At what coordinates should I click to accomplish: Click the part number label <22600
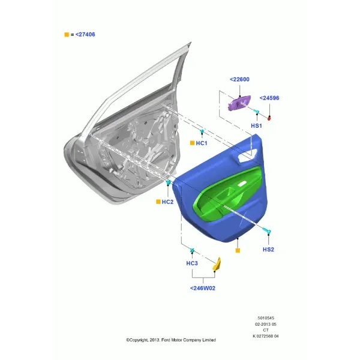(x=239, y=79)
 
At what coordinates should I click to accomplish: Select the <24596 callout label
(x=269, y=98)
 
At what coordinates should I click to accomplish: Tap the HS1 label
(x=256, y=126)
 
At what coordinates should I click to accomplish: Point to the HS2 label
(x=268, y=250)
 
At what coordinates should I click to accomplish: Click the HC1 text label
(x=202, y=143)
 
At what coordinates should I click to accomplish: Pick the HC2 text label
(x=167, y=202)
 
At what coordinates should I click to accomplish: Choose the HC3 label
(x=192, y=263)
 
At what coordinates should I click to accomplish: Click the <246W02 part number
(x=203, y=289)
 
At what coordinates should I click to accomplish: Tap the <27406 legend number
(x=85, y=35)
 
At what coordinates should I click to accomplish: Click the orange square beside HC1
(x=192, y=143)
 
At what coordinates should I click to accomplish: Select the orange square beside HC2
(x=158, y=202)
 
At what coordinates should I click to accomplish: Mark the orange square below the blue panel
(x=238, y=250)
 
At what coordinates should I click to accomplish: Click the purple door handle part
(x=239, y=103)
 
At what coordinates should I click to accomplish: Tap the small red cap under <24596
(x=269, y=118)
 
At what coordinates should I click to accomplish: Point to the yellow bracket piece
(x=217, y=264)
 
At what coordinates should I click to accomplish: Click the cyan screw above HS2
(x=266, y=230)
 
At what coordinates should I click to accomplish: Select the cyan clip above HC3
(x=193, y=250)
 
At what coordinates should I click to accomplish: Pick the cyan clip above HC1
(x=202, y=131)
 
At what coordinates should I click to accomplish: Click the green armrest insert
(x=227, y=194)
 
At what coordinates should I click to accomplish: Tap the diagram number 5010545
(x=266, y=318)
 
